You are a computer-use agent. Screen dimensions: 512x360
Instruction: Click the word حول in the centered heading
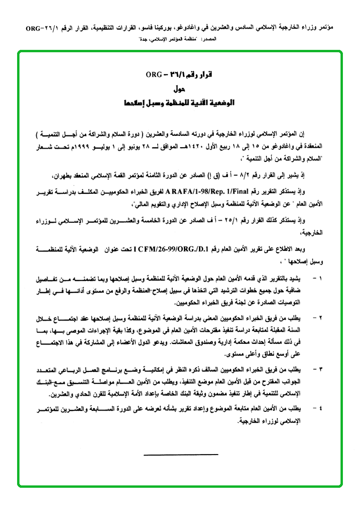click(180, 89)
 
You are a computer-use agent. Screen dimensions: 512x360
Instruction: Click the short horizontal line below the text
click(180, 455)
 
